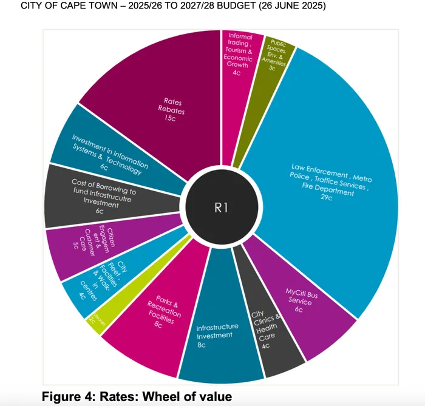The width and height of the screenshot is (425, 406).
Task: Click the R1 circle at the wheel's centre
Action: (x=221, y=208)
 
